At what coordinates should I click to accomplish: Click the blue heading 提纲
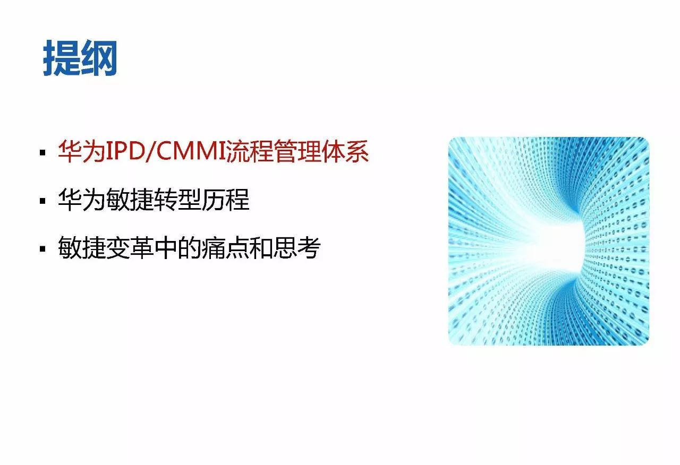pos(80,58)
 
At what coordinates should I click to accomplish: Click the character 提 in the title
pos(61,58)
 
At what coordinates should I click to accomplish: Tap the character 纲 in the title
pos(99,58)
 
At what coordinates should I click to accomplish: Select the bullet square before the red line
pos(42,152)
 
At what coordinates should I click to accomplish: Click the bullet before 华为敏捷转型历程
pos(42,201)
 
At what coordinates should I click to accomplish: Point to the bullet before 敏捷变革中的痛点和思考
pos(42,249)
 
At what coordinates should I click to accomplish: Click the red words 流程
pos(250,151)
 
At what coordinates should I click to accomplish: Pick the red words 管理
pos(297,151)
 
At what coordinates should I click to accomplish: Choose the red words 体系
pos(345,151)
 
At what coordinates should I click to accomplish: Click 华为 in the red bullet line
pos(82,151)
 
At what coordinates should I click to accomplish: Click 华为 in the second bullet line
pos(82,199)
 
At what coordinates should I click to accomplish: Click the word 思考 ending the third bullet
pos(297,247)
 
